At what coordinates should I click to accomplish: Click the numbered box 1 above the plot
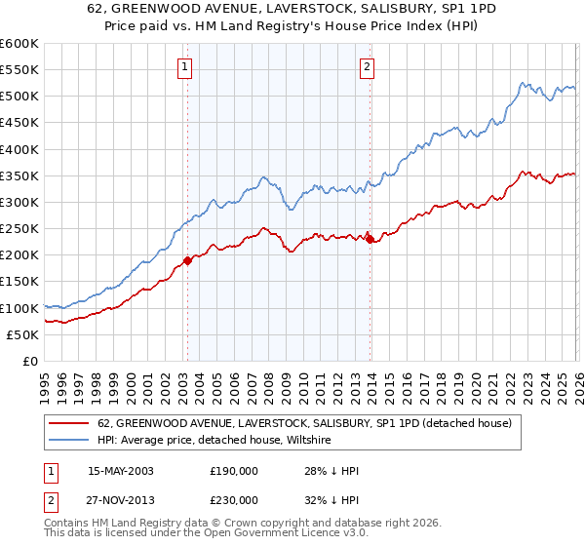tap(184, 67)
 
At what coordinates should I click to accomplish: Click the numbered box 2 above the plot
tap(367, 67)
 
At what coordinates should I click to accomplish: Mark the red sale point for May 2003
tap(187, 260)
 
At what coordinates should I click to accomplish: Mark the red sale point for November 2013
tap(369, 239)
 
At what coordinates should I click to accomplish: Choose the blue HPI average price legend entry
tap(214, 441)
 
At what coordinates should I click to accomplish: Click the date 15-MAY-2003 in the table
tap(121, 470)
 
